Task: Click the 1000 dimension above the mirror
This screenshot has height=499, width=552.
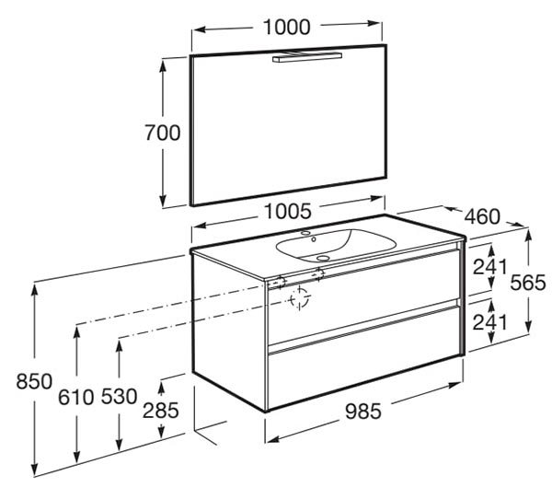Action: click(287, 27)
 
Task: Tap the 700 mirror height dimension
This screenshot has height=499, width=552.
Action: click(163, 133)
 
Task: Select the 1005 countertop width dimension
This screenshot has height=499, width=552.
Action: click(288, 211)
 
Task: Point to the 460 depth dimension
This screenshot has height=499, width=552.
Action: click(482, 216)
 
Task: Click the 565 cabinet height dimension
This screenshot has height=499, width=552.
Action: click(528, 283)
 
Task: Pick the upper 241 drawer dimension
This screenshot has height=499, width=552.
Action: click(490, 266)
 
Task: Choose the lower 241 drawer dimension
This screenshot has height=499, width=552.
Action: click(490, 322)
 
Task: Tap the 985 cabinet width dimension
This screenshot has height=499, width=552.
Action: click(363, 412)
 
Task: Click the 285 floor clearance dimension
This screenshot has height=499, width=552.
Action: click(160, 411)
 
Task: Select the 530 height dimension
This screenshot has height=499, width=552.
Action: click(119, 396)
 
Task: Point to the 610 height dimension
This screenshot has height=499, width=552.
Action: click(76, 397)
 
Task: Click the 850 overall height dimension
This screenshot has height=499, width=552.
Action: click(34, 381)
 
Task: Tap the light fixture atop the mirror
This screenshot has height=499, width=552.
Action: click(307, 57)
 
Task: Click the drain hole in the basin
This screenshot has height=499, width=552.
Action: click(323, 259)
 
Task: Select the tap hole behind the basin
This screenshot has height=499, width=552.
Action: click(305, 233)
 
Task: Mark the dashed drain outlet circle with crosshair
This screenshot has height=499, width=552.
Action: click(299, 299)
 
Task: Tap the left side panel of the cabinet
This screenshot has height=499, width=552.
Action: click(229, 331)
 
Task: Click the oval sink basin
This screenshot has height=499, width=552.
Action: click(336, 246)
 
